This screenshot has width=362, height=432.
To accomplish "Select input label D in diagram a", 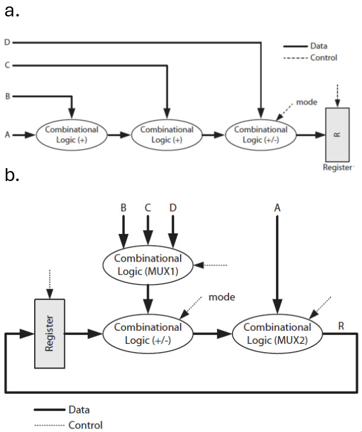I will pos(6,42).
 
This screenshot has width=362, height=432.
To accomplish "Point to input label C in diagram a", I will pos(6,65).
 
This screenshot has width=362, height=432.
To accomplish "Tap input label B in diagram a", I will pos(6,95).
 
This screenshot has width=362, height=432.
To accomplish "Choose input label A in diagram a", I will pos(6,135).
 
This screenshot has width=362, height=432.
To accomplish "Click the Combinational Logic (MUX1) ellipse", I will pos(148,264).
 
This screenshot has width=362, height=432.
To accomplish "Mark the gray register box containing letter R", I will pos(338,134).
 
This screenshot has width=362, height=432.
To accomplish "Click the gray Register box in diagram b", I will pos(49,334).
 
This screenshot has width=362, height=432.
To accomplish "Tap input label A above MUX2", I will pos(276,208).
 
